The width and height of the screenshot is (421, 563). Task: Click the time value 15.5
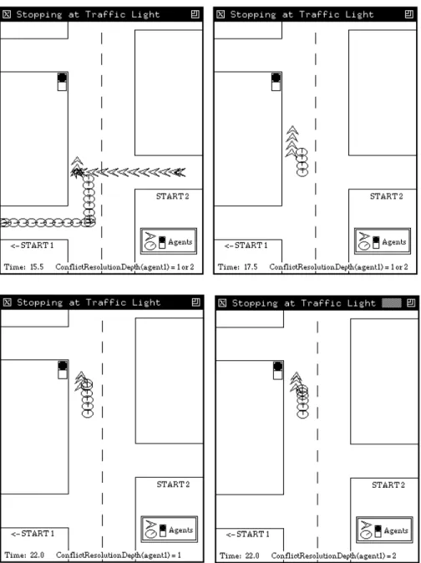[x=36, y=267]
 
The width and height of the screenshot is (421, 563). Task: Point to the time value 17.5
[x=250, y=267]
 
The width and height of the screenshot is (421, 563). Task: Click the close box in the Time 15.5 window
[x=7, y=14]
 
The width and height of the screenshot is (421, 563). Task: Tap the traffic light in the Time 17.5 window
[x=276, y=82]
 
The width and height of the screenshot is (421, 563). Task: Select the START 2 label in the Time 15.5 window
[x=172, y=196]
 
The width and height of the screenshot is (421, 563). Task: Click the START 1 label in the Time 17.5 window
[x=246, y=246]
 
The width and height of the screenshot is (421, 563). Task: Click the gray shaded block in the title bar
[x=391, y=303]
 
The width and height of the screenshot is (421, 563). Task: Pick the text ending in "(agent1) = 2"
[x=333, y=555]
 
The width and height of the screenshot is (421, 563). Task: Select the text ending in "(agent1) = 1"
[x=119, y=555]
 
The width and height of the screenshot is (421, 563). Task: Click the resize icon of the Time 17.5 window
[x=409, y=14]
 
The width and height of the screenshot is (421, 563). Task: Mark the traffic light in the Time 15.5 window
[x=62, y=82]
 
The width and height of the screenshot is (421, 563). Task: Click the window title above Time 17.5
[x=302, y=14]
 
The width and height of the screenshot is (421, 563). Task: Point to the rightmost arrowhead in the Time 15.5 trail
[x=180, y=173]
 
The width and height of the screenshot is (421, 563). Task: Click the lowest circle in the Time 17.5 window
[x=302, y=173]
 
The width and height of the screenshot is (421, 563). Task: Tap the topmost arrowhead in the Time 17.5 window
[x=292, y=130]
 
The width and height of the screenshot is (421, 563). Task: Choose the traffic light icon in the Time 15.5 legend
[x=162, y=242]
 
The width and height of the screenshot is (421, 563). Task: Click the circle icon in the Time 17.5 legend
[x=364, y=246]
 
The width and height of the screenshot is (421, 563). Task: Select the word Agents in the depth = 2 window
[x=396, y=530]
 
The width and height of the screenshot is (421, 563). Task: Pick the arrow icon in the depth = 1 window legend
[x=151, y=525]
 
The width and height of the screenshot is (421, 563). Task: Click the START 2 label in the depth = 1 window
[x=173, y=484]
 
